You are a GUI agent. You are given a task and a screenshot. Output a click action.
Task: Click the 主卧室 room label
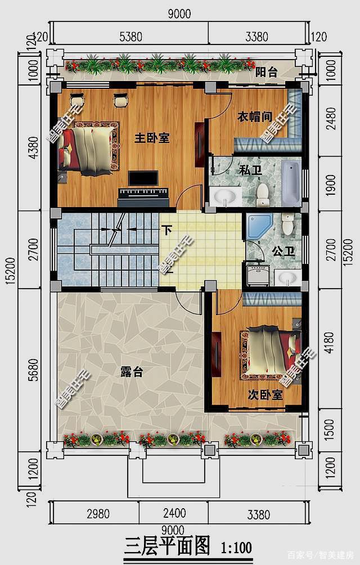tap(152, 138)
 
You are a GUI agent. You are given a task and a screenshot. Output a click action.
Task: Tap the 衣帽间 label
tap(254, 116)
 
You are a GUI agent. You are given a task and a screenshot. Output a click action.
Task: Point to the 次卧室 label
tap(265, 396)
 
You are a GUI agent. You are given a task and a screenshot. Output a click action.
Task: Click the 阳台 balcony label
tap(267, 73)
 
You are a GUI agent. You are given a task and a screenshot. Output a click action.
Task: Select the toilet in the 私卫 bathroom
tap(263, 194)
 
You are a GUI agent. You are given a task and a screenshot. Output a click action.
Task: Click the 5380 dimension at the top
tap(130, 38)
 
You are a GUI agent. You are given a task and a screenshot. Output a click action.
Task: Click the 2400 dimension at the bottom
tap(174, 514)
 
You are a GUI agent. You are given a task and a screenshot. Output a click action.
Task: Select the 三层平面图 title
tap(167, 546)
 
